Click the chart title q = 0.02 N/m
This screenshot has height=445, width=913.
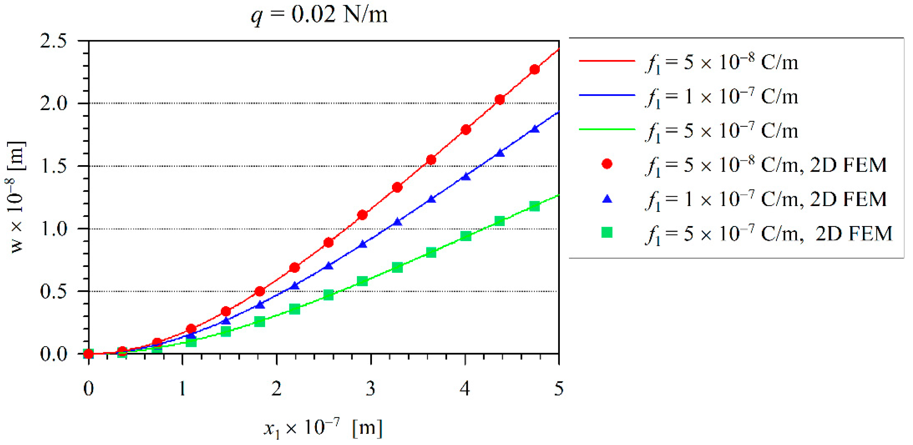pos(319,15)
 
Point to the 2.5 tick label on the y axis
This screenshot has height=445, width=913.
pos(53,41)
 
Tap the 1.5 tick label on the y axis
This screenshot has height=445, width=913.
pos(53,166)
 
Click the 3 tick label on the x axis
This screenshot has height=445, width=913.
pos(370,389)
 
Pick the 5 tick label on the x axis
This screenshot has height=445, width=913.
pos(559,389)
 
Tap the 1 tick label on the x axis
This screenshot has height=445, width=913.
pos(182,389)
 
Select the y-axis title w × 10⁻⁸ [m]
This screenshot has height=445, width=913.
pos(16,197)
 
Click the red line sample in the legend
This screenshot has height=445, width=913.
pos(607,61)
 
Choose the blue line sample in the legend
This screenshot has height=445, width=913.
pos(607,95)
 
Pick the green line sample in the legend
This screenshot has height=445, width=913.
pos(607,129)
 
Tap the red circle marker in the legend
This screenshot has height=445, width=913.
pos(607,164)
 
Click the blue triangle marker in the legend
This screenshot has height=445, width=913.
pos(607,199)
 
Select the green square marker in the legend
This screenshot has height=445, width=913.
pos(607,232)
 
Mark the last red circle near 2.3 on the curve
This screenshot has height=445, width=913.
pos(535,70)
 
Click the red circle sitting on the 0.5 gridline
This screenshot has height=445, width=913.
pos(260,291)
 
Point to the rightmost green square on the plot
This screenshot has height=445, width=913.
pos(535,206)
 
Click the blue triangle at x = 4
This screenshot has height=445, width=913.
pos(466,176)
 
